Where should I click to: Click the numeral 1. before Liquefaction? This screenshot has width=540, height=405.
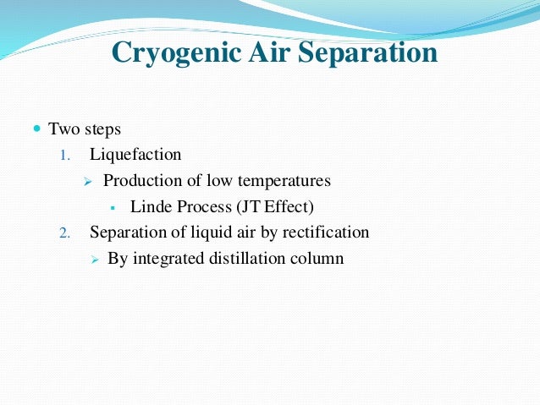[x=67, y=156]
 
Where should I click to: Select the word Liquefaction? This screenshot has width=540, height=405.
[x=135, y=155]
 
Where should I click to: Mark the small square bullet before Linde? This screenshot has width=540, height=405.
[x=113, y=207]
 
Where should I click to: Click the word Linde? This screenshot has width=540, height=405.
[x=151, y=206]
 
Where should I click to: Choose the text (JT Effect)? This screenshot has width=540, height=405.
[x=287, y=206]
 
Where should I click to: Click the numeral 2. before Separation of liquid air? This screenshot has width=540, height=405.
[x=67, y=233]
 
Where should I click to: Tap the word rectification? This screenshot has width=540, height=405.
[x=327, y=232]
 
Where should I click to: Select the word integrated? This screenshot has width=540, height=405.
[x=168, y=258]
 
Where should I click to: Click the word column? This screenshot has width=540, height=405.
[x=317, y=258]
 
